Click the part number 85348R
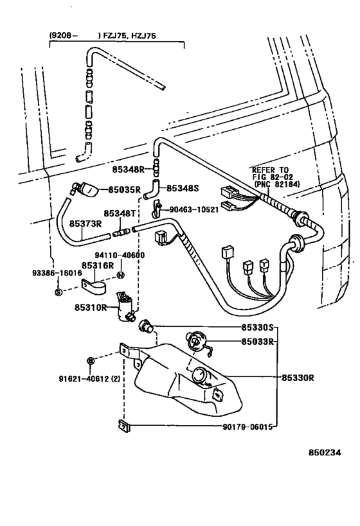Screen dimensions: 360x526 click(128, 170)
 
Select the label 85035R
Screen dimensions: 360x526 click(124, 189)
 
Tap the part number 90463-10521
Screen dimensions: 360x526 click(194, 209)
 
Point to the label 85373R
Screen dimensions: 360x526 click(85, 224)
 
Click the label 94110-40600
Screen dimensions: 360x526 click(120, 255)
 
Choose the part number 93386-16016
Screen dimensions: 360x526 click(57, 273)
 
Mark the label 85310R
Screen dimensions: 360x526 click(91, 307)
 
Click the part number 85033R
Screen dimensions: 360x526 click(257, 342)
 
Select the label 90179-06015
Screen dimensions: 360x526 click(248, 427)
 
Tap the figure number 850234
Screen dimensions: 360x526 click(325, 453)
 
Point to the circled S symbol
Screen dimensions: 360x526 click(59, 292)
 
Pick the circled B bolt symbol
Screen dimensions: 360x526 click(90, 360)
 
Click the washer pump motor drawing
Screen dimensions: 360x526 click(125, 306)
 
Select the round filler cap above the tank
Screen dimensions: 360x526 click(196, 342)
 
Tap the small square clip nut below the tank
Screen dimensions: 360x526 click(123, 426)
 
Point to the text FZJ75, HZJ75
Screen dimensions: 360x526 click(130, 35)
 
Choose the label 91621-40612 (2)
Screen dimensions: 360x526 click(89, 379)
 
